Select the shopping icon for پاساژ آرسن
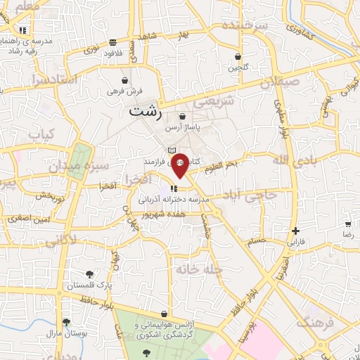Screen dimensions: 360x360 tap(183, 116)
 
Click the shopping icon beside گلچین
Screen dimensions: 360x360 tap(238, 56)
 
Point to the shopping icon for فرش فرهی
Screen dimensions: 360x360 tap(124, 80)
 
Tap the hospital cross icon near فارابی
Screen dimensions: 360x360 tap(296, 231)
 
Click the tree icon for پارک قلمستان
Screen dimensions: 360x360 tap(89, 274)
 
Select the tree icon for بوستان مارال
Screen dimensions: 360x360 tap(66, 322)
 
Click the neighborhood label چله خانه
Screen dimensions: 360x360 tap(200, 269)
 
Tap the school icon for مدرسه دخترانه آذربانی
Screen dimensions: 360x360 tap(174, 188)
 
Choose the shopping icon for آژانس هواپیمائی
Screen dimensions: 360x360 tap(164, 314)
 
